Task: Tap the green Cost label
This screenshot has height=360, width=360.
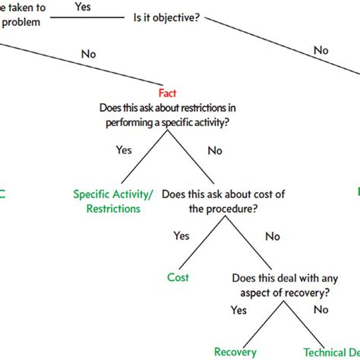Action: (x=178, y=277)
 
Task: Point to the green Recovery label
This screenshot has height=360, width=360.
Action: (x=235, y=352)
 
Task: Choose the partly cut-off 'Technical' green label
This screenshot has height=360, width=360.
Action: (x=331, y=352)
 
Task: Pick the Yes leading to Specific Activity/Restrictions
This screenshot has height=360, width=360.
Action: (x=124, y=150)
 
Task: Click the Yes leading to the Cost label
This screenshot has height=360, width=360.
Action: (x=182, y=235)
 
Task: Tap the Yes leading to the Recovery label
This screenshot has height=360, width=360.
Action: (x=238, y=310)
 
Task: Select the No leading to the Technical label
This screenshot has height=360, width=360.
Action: (x=321, y=310)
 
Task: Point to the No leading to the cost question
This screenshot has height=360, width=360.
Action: (x=215, y=150)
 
